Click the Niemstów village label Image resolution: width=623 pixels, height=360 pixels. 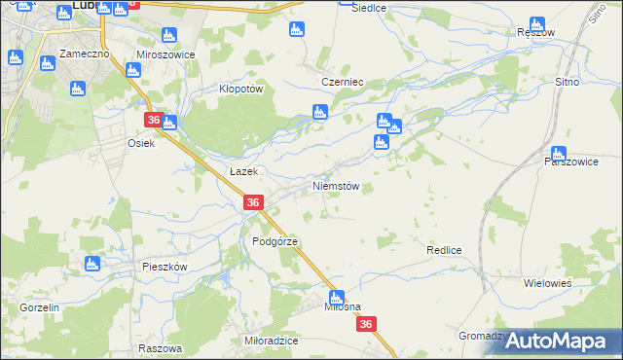(x=336, y=186)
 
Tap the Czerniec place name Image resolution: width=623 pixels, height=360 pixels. (x=343, y=83)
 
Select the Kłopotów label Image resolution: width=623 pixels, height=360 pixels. (x=240, y=88)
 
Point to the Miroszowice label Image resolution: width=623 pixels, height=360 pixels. (x=165, y=55)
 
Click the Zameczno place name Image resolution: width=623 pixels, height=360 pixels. (x=82, y=54)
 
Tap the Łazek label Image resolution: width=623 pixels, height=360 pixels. (x=242, y=171)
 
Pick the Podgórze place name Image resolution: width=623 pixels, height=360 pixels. (x=274, y=241)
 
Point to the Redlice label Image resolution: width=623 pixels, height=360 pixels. (x=443, y=250)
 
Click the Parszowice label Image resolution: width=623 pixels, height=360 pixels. (x=570, y=162)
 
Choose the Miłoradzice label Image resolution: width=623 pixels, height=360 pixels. (x=271, y=341)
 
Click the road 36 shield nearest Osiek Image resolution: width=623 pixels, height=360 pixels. (x=153, y=120)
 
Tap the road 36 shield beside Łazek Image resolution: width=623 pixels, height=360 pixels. (x=253, y=202)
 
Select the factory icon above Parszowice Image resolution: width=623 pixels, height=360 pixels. (x=558, y=153)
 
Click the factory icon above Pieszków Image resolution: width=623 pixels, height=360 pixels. (x=93, y=263)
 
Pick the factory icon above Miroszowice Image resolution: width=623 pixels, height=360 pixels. (x=169, y=36)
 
